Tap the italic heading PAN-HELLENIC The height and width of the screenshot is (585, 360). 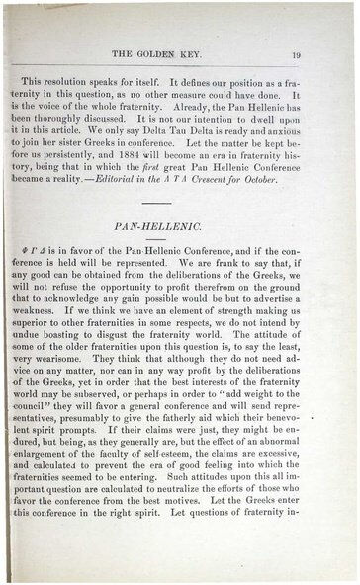[178, 227]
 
